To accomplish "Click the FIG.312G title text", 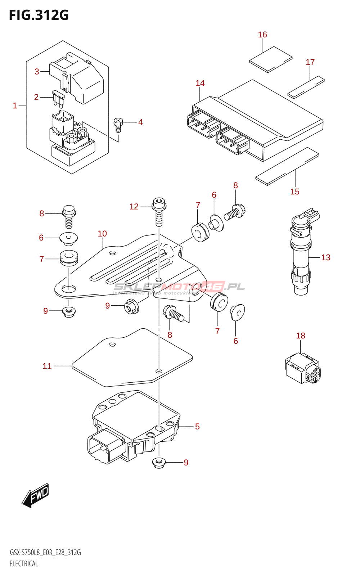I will pos(39,15).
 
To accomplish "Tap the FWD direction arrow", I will pos(36,495).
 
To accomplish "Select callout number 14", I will pos(200,83).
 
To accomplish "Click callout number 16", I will pos(262,35).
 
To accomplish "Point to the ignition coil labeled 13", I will pos(301,256).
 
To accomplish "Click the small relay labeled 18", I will pos(302,368).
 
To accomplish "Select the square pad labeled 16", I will pos(271,59).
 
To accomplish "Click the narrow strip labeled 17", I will pos(306,87).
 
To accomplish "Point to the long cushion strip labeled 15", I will pos(287,166).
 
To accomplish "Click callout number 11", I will pos(47,366).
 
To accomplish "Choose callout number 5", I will pos(197,427).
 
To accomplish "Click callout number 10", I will pos(102,234).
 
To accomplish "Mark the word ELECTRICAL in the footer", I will pos(24,564).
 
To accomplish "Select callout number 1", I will pos(15,105).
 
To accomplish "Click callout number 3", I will pos(37,72).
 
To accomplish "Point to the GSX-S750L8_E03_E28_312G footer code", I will pos(45,553).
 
